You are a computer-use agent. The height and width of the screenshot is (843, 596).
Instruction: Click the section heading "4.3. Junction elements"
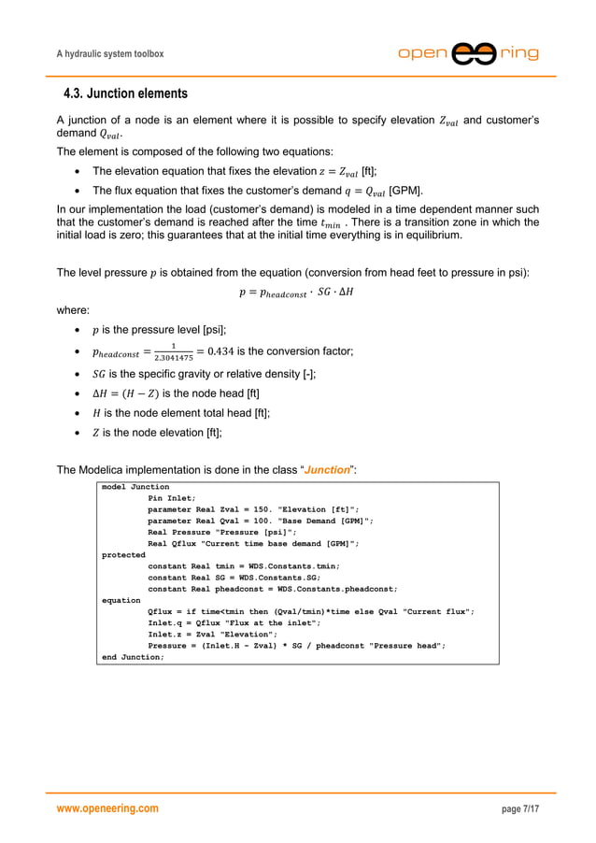click(x=124, y=93)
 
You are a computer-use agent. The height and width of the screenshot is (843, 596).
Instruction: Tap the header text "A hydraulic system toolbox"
click(x=110, y=54)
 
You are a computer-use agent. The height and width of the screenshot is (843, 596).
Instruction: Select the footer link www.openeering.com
click(x=107, y=808)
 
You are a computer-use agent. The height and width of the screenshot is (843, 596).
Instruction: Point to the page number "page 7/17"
click(x=520, y=808)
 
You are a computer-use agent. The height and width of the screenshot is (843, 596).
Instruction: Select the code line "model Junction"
click(x=135, y=487)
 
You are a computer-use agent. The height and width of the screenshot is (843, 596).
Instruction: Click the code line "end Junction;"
click(x=133, y=657)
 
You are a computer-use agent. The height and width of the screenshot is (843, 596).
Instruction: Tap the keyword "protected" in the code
click(x=123, y=554)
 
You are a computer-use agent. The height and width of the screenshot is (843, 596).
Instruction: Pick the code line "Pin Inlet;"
click(x=172, y=498)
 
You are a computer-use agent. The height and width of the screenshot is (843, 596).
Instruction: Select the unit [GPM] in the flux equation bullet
click(x=404, y=191)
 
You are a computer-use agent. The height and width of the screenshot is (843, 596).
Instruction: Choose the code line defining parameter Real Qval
click(x=261, y=521)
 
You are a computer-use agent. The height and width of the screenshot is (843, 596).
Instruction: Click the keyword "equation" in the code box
click(x=121, y=600)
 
